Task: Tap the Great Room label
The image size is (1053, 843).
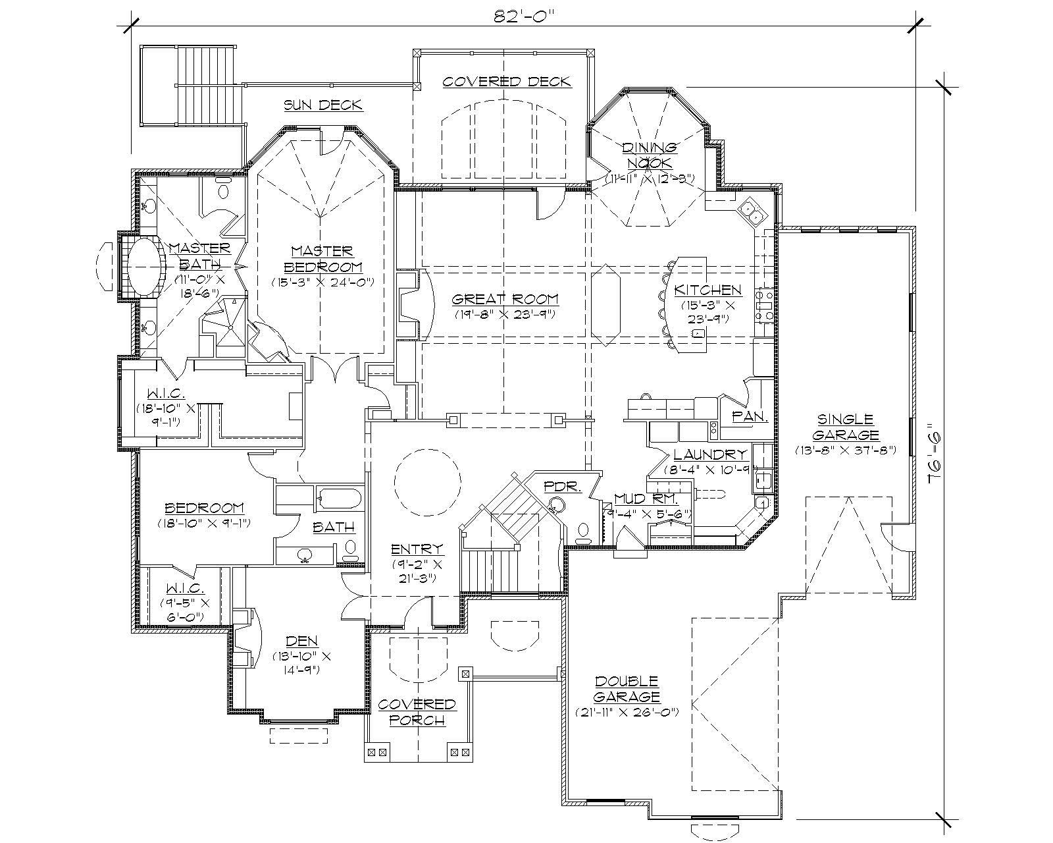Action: (x=505, y=299)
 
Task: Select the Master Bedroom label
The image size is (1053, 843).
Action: (x=322, y=259)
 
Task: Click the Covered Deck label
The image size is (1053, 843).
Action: (x=506, y=82)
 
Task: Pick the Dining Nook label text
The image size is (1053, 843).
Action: (x=650, y=155)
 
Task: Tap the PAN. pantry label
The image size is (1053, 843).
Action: (x=750, y=417)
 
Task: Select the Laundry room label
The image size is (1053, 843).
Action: (x=709, y=454)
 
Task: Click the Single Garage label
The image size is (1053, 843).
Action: (x=845, y=427)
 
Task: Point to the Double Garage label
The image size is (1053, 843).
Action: (x=627, y=688)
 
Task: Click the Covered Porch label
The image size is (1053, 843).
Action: (x=417, y=712)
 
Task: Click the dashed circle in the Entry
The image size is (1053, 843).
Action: (x=426, y=483)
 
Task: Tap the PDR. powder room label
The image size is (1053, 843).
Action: (x=563, y=487)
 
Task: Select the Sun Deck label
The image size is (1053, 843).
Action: (x=322, y=105)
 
